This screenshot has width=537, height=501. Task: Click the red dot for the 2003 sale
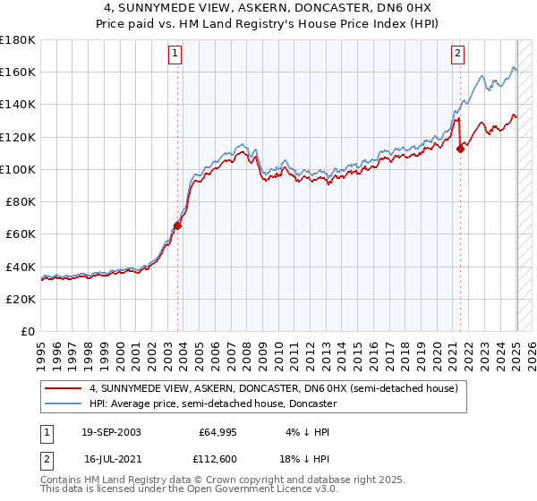[178, 226]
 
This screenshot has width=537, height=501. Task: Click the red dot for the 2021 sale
[460, 149]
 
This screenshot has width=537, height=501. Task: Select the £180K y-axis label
[18, 40]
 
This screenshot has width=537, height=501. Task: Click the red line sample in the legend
[64, 389]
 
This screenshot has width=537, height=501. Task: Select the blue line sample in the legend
[64, 403]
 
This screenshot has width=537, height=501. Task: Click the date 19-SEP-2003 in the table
[111, 432]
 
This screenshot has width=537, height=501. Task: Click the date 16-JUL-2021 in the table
[111, 460]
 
